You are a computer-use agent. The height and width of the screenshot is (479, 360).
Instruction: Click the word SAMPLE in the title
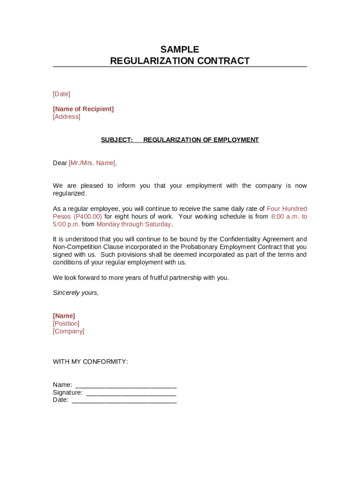(180, 50)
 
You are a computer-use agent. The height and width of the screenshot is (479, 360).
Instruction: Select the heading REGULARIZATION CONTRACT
(180, 61)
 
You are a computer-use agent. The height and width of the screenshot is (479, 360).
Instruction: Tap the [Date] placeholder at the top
(61, 94)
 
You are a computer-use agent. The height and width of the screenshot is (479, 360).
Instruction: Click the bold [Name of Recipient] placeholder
(83, 109)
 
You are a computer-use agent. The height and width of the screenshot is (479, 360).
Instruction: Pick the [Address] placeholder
(66, 116)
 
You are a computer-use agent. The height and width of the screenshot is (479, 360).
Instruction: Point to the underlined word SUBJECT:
(117, 140)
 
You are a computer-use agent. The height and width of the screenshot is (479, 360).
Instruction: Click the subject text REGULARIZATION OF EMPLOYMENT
(201, 140)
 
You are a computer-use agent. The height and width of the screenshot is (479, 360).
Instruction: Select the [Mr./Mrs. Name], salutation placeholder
(93, 163)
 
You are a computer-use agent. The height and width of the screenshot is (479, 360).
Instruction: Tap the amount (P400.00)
(87, 217)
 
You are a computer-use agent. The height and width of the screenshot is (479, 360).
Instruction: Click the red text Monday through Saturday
(134, 224)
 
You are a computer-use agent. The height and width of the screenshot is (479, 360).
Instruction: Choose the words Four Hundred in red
(287, 209)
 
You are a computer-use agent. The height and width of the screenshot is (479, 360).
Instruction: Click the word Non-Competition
(76, 247)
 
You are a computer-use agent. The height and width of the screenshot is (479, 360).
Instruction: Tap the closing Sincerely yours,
(76, 293)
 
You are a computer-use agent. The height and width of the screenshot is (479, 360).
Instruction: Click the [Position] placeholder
(66, 324)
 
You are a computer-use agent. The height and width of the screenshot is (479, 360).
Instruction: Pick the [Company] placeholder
(68, 331)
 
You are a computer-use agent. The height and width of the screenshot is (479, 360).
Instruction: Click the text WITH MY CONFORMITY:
(90, 362)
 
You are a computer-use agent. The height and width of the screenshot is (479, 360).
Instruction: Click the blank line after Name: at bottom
(126, 385)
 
